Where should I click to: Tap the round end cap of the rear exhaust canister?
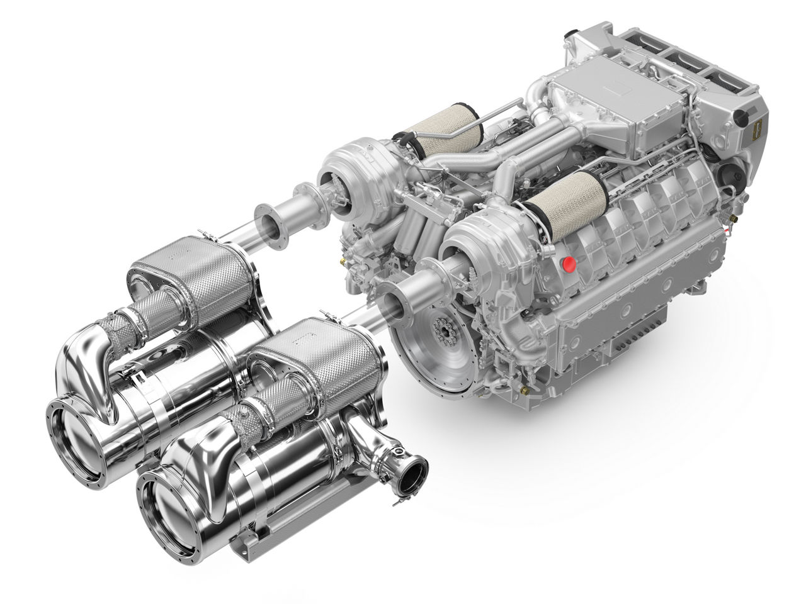(x=75, y=427)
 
